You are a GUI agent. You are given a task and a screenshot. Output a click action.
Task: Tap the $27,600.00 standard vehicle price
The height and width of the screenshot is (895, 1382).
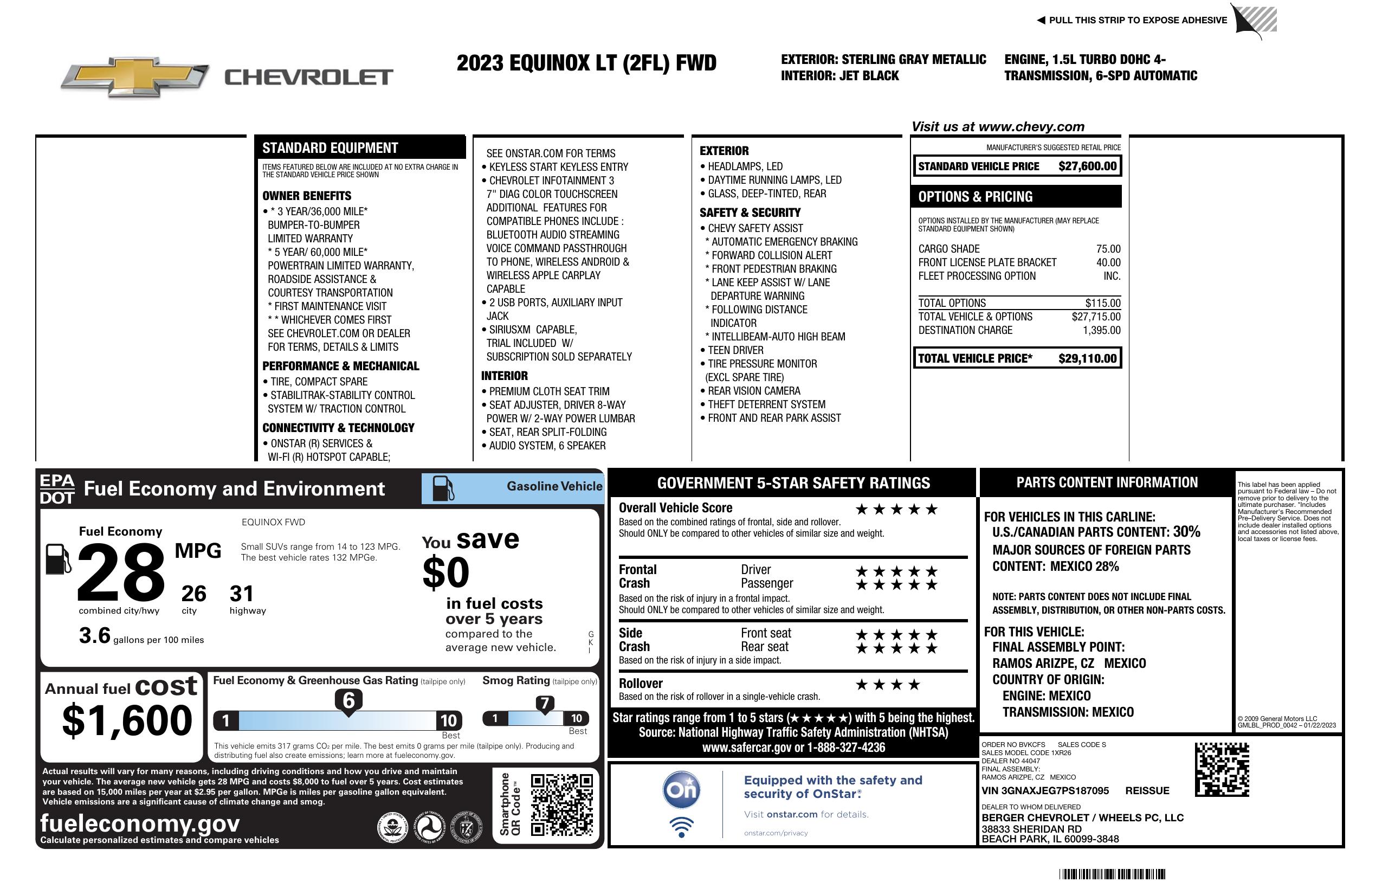1087,166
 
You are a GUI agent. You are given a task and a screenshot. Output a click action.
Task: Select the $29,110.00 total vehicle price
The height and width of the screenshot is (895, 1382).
1087,358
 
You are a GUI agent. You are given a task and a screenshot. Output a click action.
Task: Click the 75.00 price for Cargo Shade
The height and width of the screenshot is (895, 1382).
1108,249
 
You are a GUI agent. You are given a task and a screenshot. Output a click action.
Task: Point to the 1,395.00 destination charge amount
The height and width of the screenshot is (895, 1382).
1101,330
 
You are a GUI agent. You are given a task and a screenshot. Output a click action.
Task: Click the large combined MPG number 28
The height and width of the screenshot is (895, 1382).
121,572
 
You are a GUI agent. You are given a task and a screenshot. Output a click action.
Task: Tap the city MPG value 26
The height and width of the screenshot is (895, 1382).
193,594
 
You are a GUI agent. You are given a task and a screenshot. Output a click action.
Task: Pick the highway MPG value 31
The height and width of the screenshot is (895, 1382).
242,594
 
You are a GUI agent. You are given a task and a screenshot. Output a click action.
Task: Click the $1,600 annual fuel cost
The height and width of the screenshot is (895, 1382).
127,721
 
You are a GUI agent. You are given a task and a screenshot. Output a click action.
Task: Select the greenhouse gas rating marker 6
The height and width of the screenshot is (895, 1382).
348,700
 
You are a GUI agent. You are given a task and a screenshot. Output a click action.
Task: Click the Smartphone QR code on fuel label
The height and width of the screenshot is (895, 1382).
561,804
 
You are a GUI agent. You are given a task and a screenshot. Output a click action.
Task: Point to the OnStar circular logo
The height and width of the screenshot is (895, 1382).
681,790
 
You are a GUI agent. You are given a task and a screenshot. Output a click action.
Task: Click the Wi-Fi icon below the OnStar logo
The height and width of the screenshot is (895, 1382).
681,827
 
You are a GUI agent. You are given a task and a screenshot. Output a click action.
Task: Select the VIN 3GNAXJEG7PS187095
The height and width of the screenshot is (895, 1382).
1045,790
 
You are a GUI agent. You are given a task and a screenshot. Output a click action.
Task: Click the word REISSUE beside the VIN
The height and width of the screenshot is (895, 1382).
1147,790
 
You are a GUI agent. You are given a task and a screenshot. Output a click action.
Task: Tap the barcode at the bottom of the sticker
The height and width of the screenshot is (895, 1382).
1112,874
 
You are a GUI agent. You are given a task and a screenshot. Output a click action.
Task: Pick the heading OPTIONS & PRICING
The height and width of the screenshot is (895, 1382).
975,197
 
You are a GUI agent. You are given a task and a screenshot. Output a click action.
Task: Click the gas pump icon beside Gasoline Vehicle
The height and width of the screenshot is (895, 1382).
444,488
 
